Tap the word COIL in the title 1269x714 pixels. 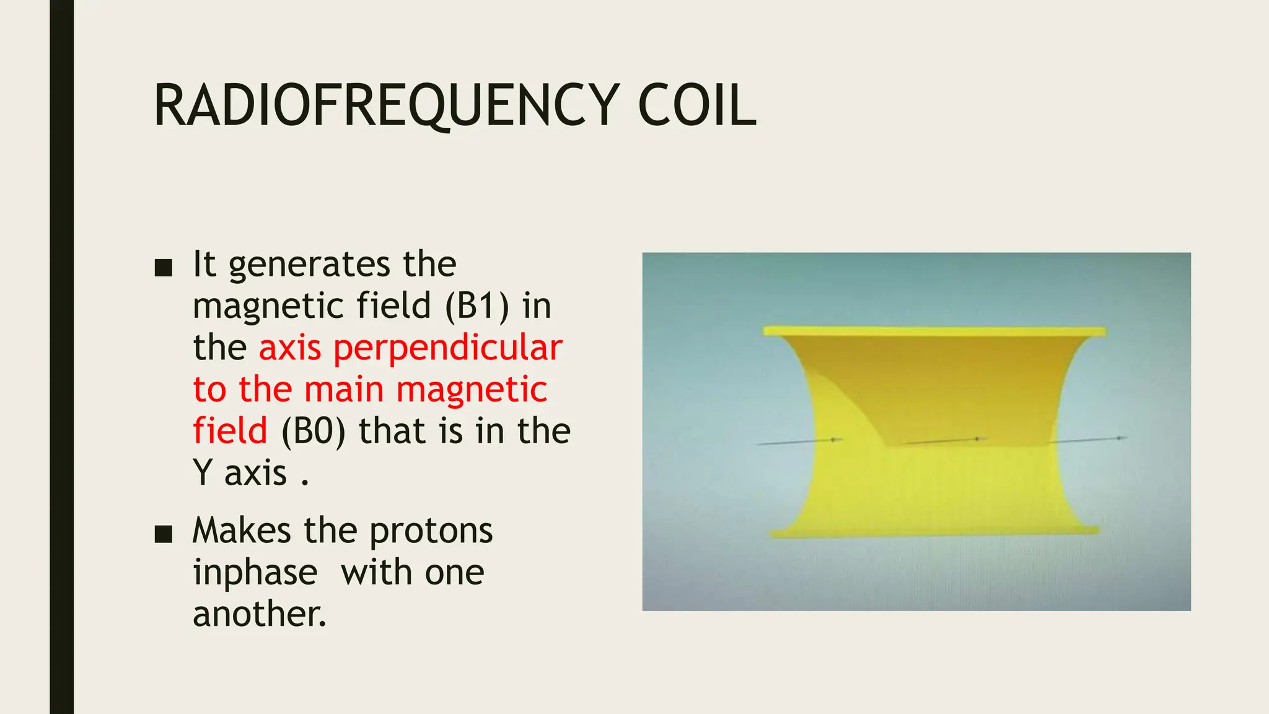tap(696, 105)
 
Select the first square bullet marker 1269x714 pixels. tap(163, 268)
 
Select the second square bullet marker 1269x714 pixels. tap(163, 534)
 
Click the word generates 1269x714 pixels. tap(309, 265)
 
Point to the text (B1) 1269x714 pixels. tap(477, 306)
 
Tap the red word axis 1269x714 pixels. tap(290, 348)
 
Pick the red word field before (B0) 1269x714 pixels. tap(230, 431)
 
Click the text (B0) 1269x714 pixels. tap(313, 431)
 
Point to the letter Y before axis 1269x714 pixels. tap(203, 473)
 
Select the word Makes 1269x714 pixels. tap(242, 531)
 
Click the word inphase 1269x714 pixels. tap(255, 573)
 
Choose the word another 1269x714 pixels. tap(259, 614)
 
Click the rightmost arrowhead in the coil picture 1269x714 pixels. tap(1121, 438)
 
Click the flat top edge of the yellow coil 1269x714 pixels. tap(934, 331)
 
